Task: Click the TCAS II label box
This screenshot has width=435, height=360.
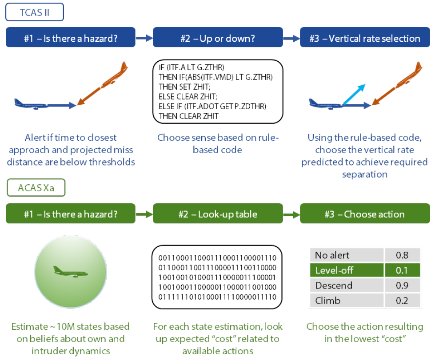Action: point(35,12)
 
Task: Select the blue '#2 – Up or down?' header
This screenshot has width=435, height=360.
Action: point(218,38)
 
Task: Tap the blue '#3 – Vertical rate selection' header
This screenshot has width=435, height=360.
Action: point(365,38)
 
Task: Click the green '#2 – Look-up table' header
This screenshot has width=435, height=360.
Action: point(218,214)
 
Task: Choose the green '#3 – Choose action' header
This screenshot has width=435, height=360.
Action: point(365,214)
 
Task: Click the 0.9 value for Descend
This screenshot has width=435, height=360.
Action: point(402,285)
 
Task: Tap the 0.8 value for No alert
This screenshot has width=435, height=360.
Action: point(402,255)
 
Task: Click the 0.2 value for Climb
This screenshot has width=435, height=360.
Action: point(402,301)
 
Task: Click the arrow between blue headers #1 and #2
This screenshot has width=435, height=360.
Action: point(144,39)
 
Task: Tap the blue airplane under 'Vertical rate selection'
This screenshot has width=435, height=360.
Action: point(326,104)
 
